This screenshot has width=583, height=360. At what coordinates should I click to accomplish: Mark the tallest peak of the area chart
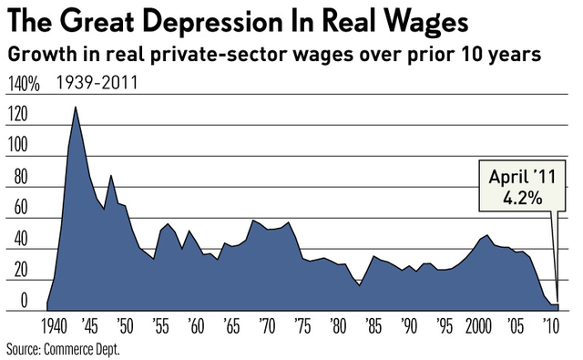pos(75,108)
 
